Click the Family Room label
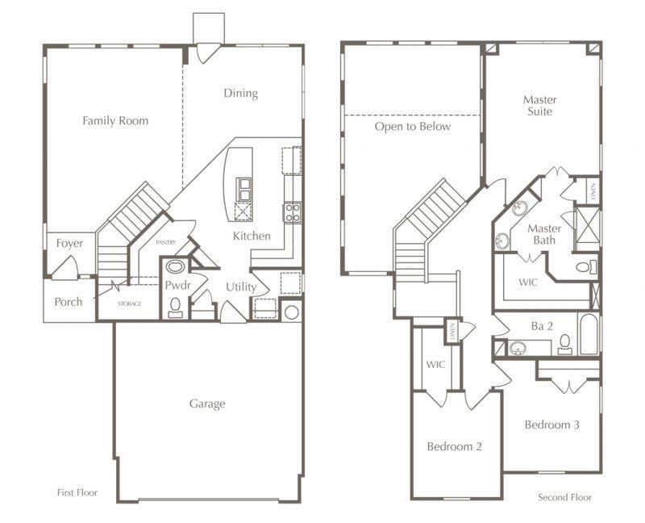(115, 121)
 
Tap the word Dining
(240, 94)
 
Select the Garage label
(207, 404)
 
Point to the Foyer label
(69, 243)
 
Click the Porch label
(68, 302)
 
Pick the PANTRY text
(165, 242)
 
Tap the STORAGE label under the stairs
(129, 303)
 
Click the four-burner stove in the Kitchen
(291, 212)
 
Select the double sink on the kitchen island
(243, 188)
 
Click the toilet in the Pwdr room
(175, 306)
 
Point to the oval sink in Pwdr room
(175, 266)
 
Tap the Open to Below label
(412, 127)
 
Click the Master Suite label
(539, 106)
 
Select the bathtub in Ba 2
(589, 334)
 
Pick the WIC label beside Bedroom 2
(435, 364)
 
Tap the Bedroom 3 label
(551, 425)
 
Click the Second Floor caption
(564, 497)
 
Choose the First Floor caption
(77, 492)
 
